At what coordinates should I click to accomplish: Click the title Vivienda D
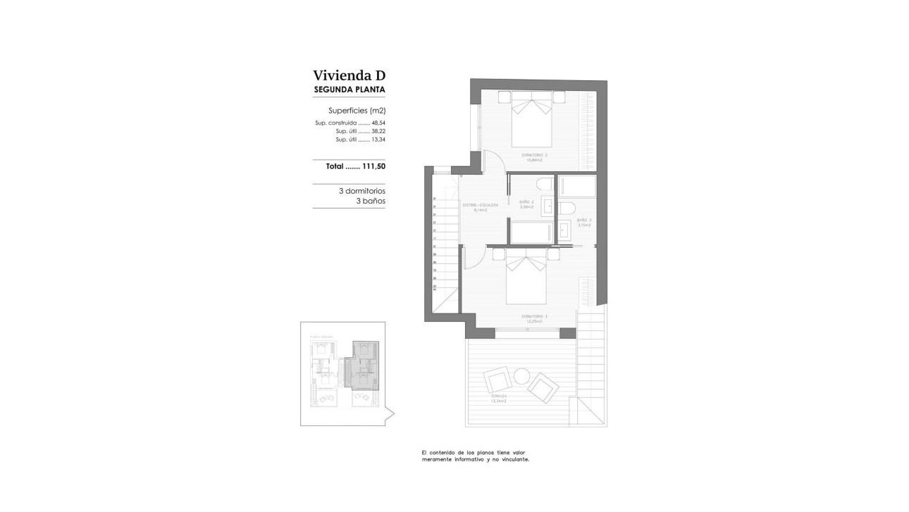pyautogui.click(x=350, y=75)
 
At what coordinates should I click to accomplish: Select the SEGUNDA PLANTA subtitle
pyautogui.click(x=350, y=89)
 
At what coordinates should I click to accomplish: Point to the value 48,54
pyautogui.click(x=378, y=123)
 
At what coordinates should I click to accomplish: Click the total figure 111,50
pyautogui.click(x=373, y=167)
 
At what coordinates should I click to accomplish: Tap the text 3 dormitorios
pyautogui.click(x=362, y=191)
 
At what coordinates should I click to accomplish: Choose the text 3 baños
pyautogui.click(x=371, y=201)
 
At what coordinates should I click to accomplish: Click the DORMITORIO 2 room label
pyautogui.click(x=534, y=155)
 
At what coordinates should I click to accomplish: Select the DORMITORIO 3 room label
pyautogui.click(x=534, y=317)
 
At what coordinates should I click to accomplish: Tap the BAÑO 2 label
pyautogui.click(x=526, y=202)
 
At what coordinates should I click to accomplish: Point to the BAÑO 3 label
pyautogui.click(x=584, y=220)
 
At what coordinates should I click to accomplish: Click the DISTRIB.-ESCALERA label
pyautogui.click(x=481, y=205)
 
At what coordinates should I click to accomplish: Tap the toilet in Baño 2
pyautogui.click(x=545, y=185)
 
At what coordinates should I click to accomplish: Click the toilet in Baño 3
pyautogui.click(x=568, y=208)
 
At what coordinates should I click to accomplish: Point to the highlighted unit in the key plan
pyautogui.click(x=366, y=363)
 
